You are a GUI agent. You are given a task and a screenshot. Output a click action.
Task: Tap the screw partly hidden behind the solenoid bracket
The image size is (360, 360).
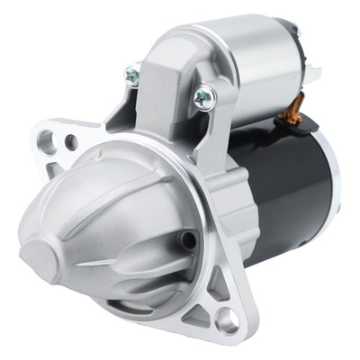tap(132, 77)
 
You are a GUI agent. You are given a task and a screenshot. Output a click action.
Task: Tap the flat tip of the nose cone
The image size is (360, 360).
tap(36, 245)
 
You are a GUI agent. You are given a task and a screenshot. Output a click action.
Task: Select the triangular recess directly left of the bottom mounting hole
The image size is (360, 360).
tap(199, 314)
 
